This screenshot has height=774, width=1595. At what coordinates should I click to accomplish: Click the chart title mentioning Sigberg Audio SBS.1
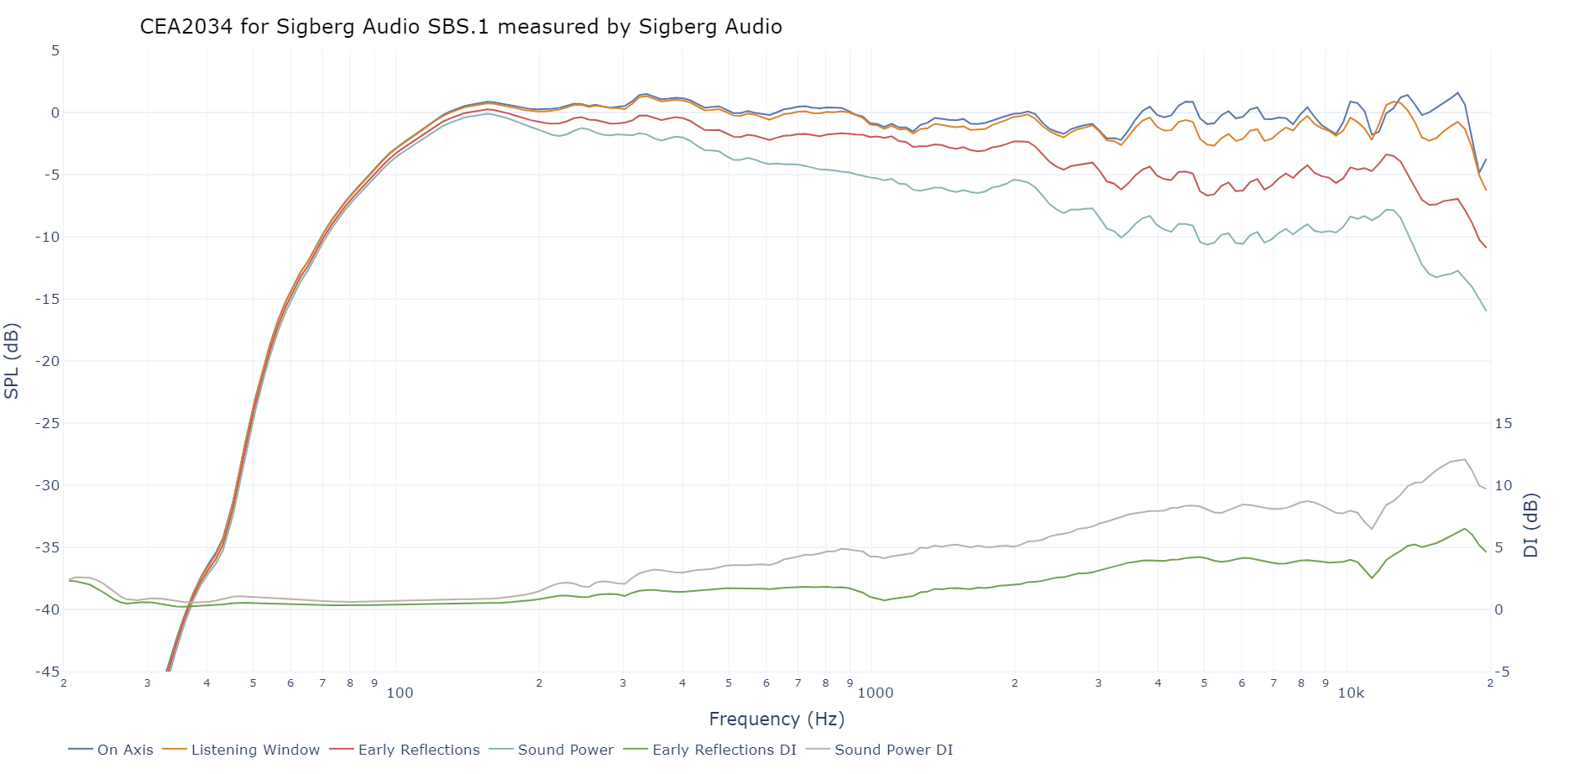pos(461,27)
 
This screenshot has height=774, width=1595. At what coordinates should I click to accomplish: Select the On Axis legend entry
pos(125,750)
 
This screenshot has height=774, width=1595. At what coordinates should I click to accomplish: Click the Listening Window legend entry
pos(255,750)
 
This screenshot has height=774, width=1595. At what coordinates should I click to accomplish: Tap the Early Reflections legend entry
pos(419,750)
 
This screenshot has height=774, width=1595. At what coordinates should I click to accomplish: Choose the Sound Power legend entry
pos(566,750)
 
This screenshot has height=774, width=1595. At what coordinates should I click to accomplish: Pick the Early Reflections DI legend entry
pos(724,750)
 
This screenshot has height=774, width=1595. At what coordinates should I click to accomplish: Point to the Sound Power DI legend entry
pos(893,750)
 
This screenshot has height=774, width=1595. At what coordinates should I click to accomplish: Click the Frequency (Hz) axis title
pos(777,719)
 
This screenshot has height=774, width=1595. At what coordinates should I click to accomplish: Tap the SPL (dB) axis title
pos(12,361)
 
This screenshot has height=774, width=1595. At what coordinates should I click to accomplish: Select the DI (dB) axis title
pos(1531,526)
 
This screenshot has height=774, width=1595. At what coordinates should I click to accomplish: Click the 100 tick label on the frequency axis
pos(400,693)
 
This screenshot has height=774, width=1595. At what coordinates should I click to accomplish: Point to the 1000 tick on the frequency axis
pos(875,693)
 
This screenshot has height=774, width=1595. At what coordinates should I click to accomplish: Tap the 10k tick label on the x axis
pos(1351,693)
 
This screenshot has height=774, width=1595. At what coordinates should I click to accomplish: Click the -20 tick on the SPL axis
pos(47,361)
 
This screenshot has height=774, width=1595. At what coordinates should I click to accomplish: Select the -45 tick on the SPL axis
pos(47,672)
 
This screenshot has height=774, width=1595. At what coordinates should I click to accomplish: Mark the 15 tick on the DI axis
pos(1503,423)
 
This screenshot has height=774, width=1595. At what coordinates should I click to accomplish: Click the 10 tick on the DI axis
pos(1503,485)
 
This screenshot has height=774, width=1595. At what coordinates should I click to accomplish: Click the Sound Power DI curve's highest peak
pos(1465,459)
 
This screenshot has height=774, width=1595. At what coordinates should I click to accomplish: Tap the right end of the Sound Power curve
pos(1486,311)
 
